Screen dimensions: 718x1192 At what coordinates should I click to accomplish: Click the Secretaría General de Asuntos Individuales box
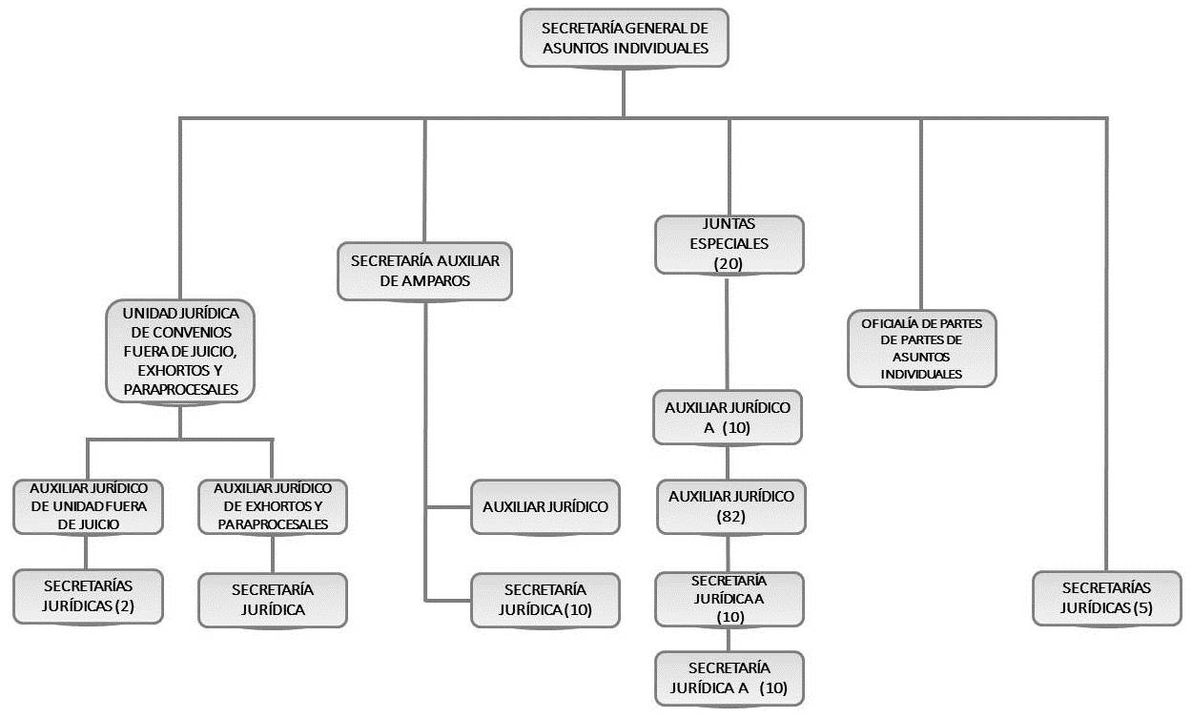pyautogui.click(x=625, y=38)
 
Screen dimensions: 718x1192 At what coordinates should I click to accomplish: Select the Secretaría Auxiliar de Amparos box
pyautogui.click(x=424, y=270)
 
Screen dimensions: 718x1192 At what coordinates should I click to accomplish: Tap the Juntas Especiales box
pyautogui.click(x=730, y=244)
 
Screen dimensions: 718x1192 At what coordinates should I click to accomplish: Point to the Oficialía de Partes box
pyautogui.click(x=921, y=348)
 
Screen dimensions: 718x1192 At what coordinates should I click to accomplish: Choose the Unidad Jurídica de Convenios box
pyautogui.click(x=180, y=351)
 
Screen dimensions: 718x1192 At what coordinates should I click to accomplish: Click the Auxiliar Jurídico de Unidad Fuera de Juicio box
pyautogui.click(x=87, y=506)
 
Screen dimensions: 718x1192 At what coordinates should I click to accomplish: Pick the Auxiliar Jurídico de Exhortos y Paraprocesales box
pyautogui.click(x=273, y=506)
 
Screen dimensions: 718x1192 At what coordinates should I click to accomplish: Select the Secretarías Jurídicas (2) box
pyautogui.click(x=87, y=597)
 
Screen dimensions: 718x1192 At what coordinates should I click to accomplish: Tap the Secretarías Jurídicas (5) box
pyautogui.click(x=1106, y=598)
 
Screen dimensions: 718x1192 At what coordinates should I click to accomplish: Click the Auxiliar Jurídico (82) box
pyautogui.click(x=730, y=506)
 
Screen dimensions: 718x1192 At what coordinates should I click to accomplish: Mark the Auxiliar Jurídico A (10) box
pyautogui.click(x=728, y=417)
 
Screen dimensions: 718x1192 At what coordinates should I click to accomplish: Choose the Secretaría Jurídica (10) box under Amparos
pyautogui.click(x=545, y=600)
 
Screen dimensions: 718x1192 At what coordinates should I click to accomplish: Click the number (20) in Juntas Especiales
pyautogui.click(x=729, y=263)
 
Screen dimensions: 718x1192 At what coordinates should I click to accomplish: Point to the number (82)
pyautogui.click(x=730, y=517)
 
